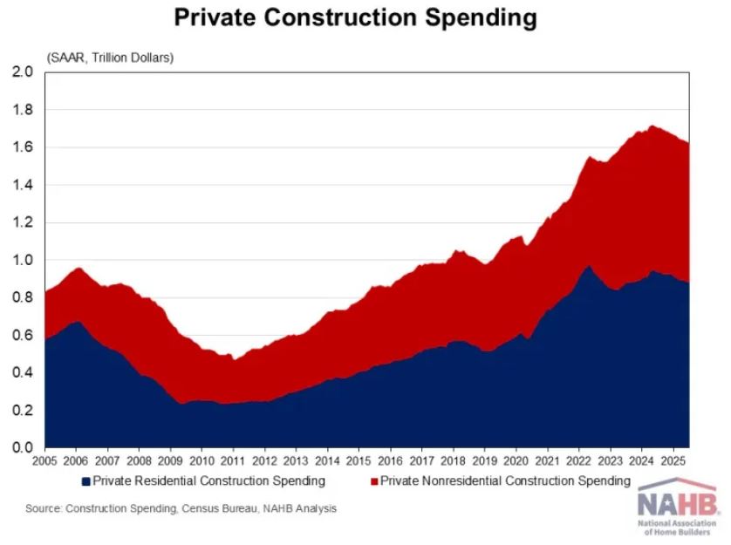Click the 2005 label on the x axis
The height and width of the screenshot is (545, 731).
click(x=44, y=461)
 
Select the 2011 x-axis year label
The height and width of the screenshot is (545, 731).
click(x=232, y=461)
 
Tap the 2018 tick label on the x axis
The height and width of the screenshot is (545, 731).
click(x=452, y=461)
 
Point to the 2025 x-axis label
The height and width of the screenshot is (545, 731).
click(x=672, y=461)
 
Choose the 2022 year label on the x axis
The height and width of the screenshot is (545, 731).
click(x=577, y=461)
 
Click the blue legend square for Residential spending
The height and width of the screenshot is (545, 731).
click(x=85, y=481)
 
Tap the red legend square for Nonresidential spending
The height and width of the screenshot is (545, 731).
click(x=374, y=481)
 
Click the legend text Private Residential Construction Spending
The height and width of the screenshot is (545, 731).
click(x=208, y=481)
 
